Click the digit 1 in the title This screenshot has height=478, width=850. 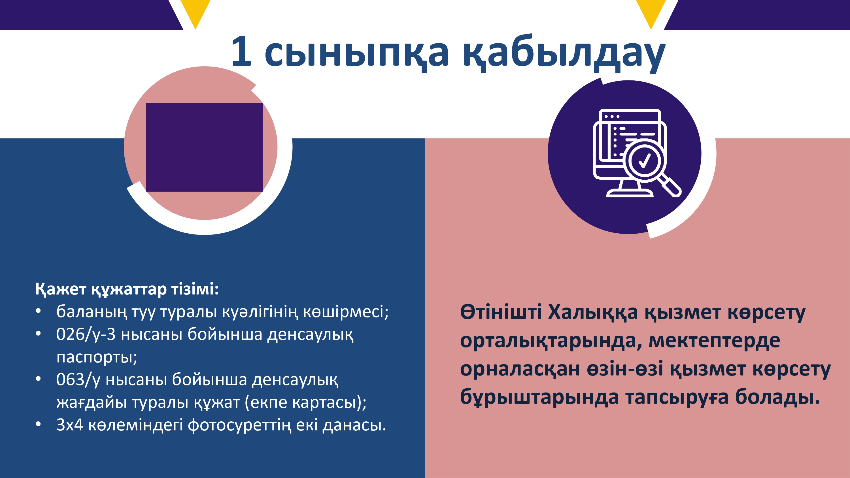point(242,51)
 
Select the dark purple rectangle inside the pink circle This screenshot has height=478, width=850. point(205,147)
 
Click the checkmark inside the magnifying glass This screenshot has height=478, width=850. point(644,161)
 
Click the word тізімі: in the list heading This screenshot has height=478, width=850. point(195,289)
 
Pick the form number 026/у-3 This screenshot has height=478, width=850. point(86,334)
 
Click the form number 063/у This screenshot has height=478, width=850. point(78,379)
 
